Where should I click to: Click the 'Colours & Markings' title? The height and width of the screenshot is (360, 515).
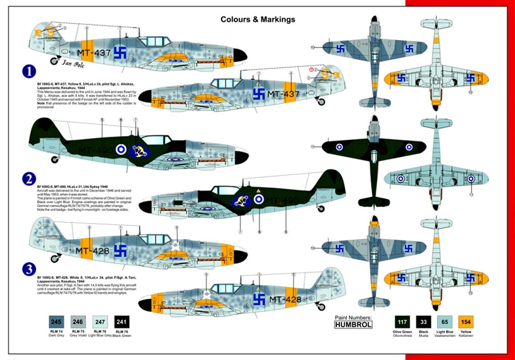(257, 19)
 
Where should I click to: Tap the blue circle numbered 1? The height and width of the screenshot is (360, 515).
(28, 71)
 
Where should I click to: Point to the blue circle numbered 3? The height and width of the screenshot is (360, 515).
(28, 268)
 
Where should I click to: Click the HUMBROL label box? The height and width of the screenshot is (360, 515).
(353, 323)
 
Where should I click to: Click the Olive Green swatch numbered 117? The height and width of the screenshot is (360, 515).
(400, 322)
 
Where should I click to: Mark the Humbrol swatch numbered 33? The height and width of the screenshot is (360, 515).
(424, 322)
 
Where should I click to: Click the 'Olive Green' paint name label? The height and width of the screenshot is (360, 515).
(400, 334)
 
